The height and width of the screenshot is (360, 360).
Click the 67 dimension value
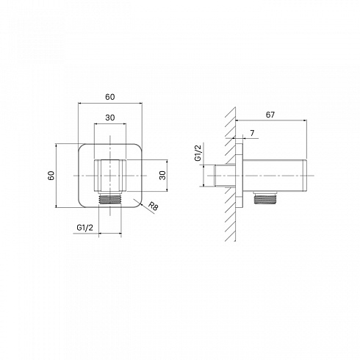click(270, 115)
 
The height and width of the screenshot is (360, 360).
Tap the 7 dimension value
click(252, 133)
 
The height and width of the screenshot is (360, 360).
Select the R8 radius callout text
click(154, 206)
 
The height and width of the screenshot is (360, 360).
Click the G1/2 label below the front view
click(85, 228)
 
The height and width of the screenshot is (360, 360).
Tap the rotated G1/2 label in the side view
click(198, 153)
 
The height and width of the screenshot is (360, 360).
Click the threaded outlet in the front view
click(110, 199)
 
